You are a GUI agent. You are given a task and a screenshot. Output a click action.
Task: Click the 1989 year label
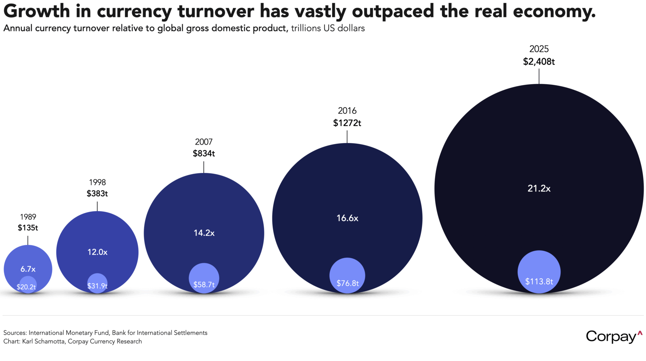pos(28,217)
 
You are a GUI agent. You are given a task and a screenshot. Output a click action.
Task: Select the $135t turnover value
pos(28,228)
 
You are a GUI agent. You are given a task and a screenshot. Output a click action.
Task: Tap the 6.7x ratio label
pos(28,269)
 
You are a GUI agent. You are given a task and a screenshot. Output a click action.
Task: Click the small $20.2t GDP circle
pos(28,284)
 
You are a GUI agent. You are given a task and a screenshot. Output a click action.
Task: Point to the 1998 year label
pos(97,182)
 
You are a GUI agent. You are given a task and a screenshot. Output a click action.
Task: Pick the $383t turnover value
pos(97,193)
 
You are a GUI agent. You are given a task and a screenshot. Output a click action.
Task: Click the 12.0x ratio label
pos(97,252)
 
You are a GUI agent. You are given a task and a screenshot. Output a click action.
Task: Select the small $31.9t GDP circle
pos(97,283)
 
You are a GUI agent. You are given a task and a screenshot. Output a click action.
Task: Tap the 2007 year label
pos(204,142)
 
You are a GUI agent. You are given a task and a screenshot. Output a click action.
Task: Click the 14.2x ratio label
pos(204,233)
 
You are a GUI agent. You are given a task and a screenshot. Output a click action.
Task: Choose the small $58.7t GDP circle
pos(204,278)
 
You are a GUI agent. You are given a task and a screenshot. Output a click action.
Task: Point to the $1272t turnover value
pos(347,123)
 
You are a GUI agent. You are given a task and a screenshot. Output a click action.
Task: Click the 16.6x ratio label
pos(347,218)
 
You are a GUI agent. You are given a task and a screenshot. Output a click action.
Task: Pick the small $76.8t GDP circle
pos(347,275)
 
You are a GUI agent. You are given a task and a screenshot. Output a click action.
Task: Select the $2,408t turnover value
pos(539,62)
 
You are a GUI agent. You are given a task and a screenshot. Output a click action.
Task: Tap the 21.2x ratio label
pos(539,188)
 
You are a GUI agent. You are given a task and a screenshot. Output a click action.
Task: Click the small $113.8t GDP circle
pos(539,272)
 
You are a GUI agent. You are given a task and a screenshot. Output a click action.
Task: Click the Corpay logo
pos(613,336)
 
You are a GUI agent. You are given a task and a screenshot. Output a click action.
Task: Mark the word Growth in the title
pos(36,11)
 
